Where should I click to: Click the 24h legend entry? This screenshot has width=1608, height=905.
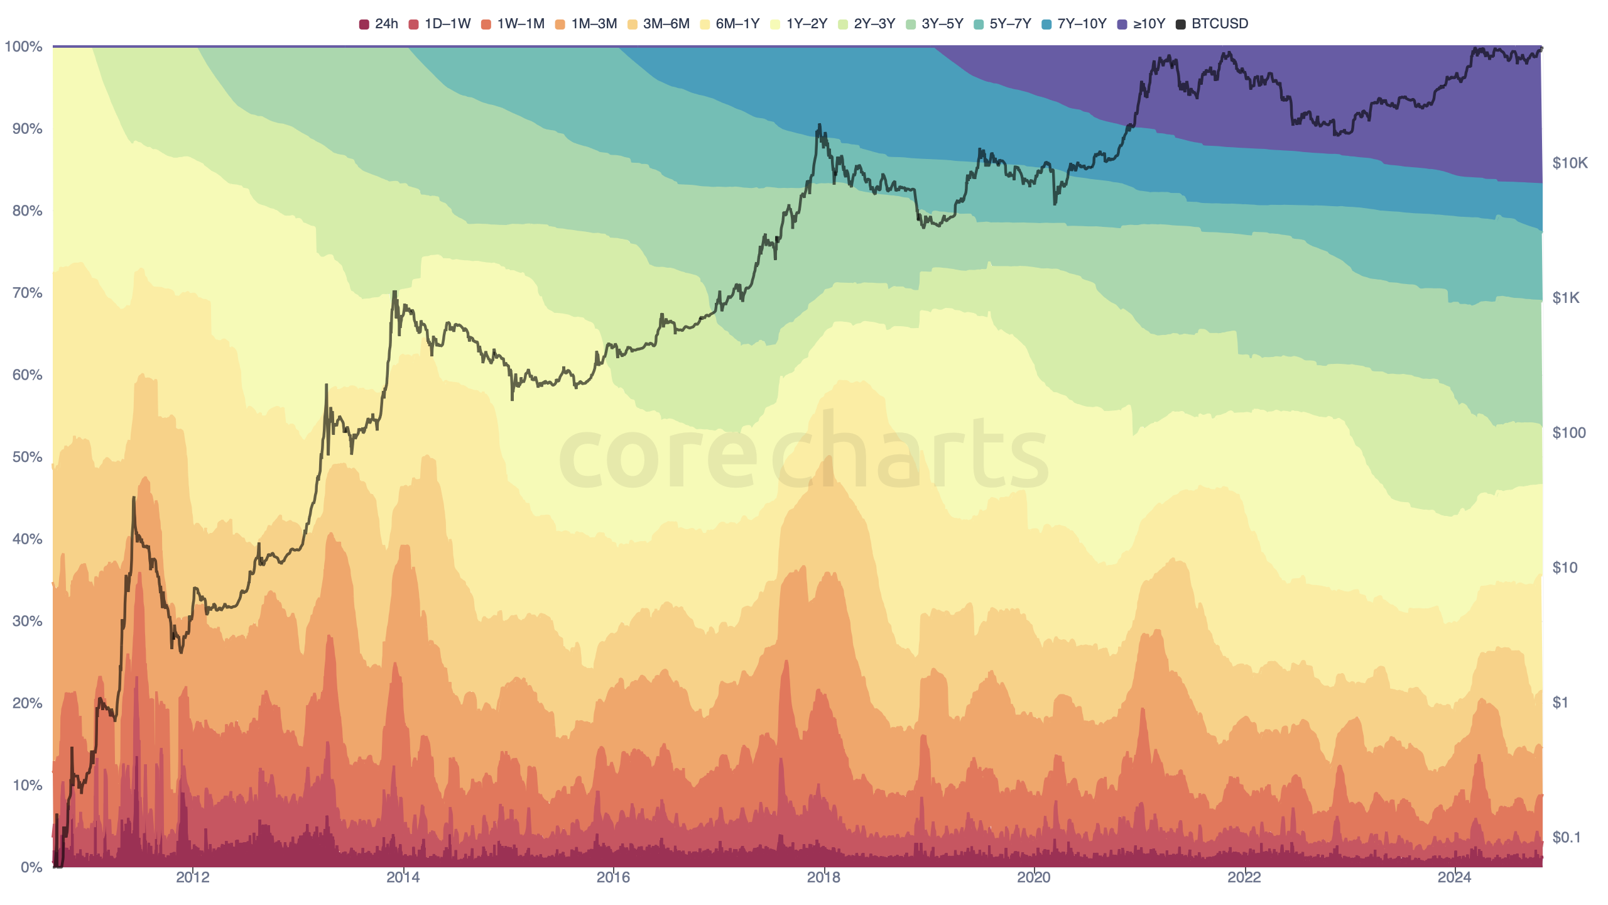(379, 24)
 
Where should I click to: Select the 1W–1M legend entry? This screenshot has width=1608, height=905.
(513, 24)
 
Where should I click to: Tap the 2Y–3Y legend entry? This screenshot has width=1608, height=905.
(867, 24)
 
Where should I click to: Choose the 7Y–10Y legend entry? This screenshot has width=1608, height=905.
(1074, 24)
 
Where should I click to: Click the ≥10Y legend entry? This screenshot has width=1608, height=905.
(1142, 24)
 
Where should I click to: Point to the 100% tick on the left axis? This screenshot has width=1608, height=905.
(24, 47)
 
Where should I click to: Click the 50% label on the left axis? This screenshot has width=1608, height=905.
(27, 457)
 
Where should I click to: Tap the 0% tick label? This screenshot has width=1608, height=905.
(31, 867)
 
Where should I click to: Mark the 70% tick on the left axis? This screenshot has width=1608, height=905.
(27, 293)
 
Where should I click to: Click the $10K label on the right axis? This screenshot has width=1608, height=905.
(1570, 163)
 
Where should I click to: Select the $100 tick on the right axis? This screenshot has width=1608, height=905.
(1568, 433)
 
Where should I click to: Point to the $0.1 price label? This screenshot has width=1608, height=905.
(1567, 837)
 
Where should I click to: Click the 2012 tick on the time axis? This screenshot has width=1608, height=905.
(192, 877)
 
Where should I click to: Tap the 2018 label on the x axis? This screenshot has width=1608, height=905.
(823, 877)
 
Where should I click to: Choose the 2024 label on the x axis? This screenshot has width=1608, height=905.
(1454, 877)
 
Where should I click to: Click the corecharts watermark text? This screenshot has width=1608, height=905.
(804, 452)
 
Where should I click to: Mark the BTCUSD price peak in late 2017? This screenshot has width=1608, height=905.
(819, 125)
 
